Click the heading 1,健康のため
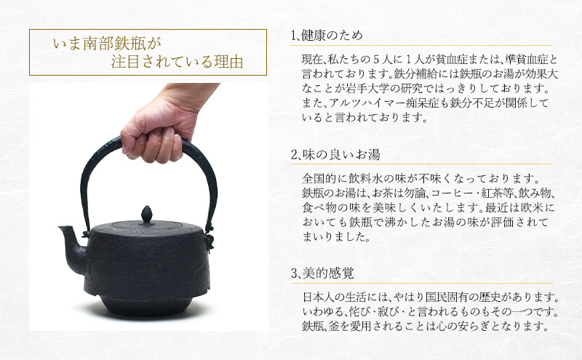pos(326,35)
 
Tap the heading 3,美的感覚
pos(324,274)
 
